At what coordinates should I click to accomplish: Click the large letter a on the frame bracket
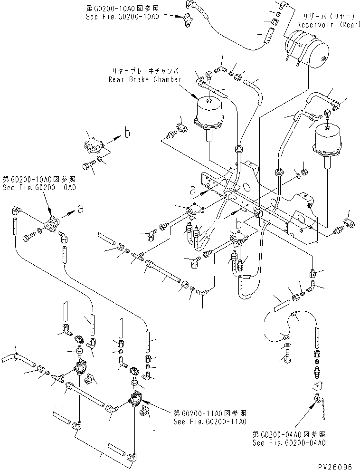point(193,190)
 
